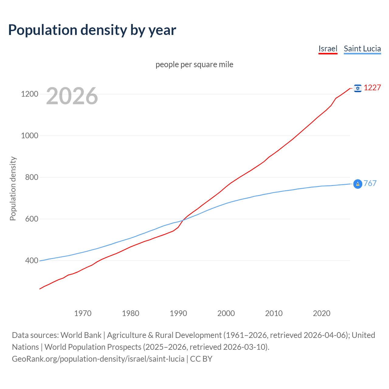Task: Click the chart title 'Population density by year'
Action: pos(92,30)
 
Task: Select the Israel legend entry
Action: pos(328,49)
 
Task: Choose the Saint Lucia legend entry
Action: pos(362,49)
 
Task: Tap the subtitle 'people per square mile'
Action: pos(194,64)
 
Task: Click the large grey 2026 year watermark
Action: pos(72,96)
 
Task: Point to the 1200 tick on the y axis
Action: pos(29,94)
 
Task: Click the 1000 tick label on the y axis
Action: pos(29,136)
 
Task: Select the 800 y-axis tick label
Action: pos(29,177)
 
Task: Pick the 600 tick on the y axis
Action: pos(29,219)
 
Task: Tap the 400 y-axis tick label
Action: pos(29,260)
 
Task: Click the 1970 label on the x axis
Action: pos(83,313)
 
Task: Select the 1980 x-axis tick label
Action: pos(130,313)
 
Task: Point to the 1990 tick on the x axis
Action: pos(178,313)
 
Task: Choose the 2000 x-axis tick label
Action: pos(226,313)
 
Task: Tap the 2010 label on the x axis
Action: pos(274,313)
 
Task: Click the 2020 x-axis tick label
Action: pos(322,313)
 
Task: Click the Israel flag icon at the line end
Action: pos(358,88)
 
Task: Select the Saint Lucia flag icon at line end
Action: pos(358,184)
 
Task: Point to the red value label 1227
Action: pos(372,88)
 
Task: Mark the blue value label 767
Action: pos(370,183)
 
